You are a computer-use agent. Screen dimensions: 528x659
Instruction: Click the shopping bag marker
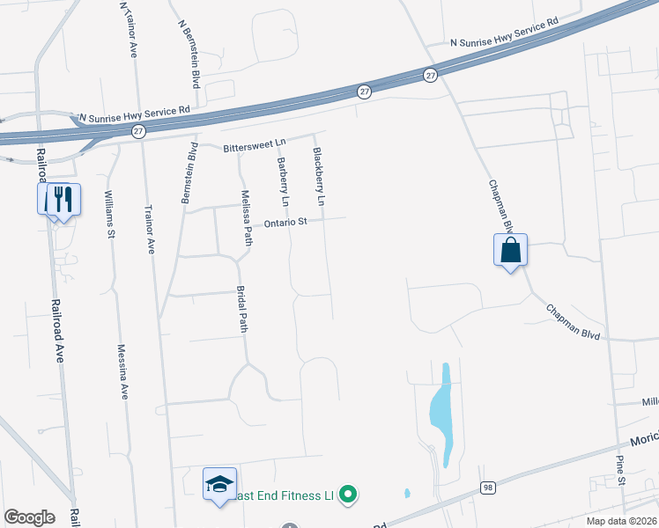511,250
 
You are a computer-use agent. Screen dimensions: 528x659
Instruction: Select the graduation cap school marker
219,484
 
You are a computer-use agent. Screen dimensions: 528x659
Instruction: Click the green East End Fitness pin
348,495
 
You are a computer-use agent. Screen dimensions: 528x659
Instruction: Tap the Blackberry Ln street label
319,177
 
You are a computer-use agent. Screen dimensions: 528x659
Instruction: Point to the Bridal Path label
243,309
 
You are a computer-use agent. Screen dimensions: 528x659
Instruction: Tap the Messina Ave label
123,370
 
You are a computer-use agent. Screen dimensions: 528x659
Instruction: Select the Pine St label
620,470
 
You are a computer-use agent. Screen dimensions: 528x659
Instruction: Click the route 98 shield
487,487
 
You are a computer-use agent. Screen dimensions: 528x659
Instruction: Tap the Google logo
29,517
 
